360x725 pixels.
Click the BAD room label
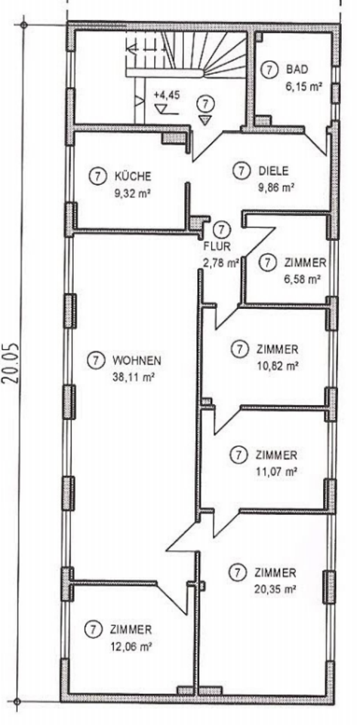(297, 70)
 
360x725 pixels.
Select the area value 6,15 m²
(303, 86)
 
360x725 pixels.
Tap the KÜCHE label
(132, 176)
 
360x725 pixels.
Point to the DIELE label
(273, 171)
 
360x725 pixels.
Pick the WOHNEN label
(137, 360)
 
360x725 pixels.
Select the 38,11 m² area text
(133, 377)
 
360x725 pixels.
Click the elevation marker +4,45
(166, 96)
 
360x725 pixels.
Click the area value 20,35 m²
(275, 590)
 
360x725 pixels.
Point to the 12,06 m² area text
(132, 646)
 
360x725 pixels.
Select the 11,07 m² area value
(276, 471)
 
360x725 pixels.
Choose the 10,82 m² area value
(277, 366)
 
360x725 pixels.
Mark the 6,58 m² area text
(303, 279)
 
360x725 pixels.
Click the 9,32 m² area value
(133, 193)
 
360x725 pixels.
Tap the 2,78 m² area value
(220, 264)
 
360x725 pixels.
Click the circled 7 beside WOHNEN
(96, 360)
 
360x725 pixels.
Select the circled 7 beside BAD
(269, 70)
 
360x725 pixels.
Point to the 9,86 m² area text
(276, 188)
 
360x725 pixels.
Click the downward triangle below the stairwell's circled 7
(205, 120)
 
